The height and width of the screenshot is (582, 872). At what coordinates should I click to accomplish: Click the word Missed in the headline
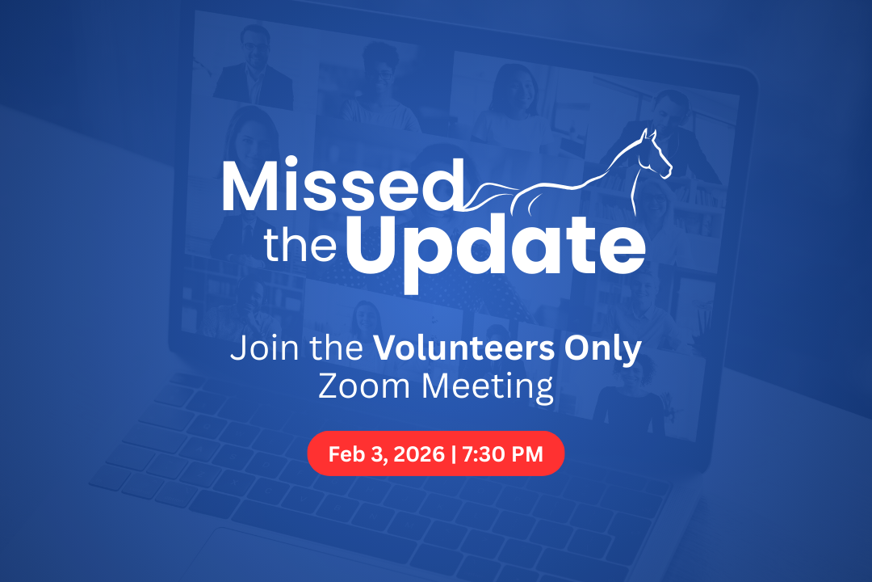coord(343,185)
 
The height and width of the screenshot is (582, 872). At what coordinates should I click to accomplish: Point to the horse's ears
coord(648,135)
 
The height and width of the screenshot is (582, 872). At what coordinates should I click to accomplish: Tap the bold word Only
coord(603,350)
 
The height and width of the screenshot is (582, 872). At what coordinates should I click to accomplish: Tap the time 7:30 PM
coord(502,454)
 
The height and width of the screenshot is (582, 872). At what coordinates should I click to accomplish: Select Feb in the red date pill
coord(347,454)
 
